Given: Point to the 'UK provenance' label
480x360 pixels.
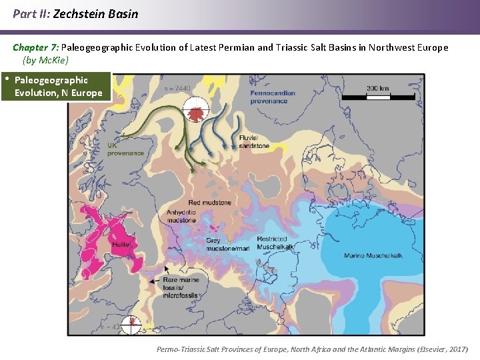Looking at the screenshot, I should pos(125,149).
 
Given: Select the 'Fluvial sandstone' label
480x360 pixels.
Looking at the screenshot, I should pos(254,141).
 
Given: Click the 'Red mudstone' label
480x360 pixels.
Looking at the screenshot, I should pos(209,202).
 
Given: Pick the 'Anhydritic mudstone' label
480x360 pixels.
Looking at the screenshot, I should pos(181,216).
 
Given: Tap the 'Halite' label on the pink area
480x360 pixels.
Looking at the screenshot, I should pos(121,245).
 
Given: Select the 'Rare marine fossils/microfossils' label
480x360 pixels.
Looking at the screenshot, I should pos(181,289).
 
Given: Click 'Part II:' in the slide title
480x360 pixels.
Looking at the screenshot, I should pos(31,13).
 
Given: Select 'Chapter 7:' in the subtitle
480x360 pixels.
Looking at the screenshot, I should pos(36,47).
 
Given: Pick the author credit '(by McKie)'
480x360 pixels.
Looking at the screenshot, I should pos(45,60).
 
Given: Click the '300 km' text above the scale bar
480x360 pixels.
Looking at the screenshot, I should pos(378,88).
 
